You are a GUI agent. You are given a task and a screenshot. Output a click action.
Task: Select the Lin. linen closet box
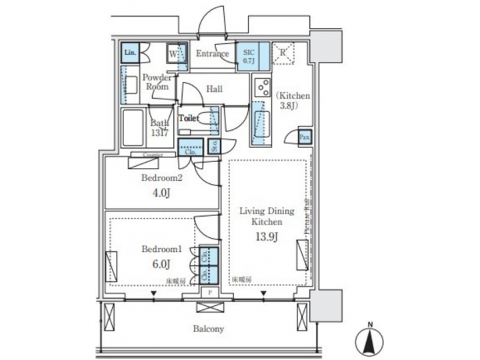pyautogui.click(x=129, y=53)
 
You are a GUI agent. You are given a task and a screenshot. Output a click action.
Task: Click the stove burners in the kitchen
pyautogui.click(x=260, y=89)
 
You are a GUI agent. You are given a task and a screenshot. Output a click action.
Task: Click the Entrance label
pyautogui.click(x=213, y=54)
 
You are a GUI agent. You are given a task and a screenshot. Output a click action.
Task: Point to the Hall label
pyautogui.click(x=214, y=89)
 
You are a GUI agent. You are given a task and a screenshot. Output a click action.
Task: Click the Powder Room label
pyautogui.click(x=157, y=81)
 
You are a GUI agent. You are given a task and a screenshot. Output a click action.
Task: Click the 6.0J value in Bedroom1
pyautogui.click(x=159, y=265)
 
